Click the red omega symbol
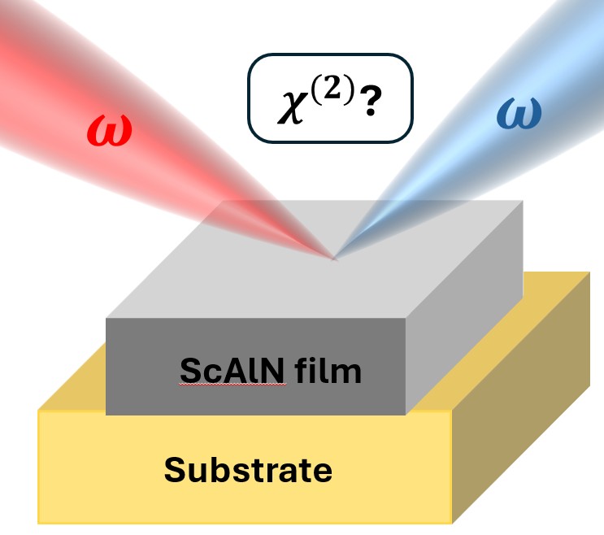click(107, 131)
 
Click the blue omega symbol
click(519, 115)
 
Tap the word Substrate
click(248, 470)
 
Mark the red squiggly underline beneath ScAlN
click(232, 386)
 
